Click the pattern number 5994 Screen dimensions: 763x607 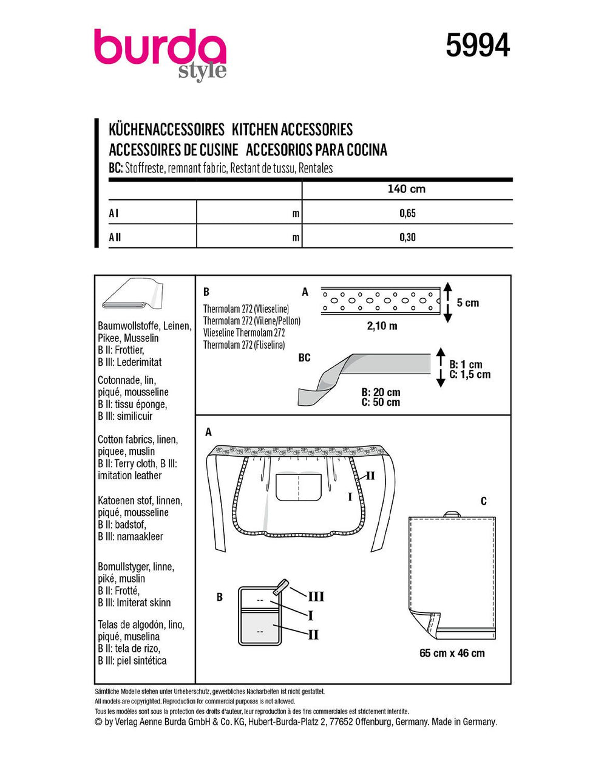point(478,46)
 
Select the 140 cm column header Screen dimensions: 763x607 point(407,189)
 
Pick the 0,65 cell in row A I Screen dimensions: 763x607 point(407,213)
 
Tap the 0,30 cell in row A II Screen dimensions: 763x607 point(407,237)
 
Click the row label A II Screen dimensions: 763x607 point(115,237)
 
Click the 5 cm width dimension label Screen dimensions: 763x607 point(467,303)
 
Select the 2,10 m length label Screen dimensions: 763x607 point(382,326)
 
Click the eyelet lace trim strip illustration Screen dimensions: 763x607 point(379,301)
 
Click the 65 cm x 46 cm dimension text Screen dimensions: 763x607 point(452,653)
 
